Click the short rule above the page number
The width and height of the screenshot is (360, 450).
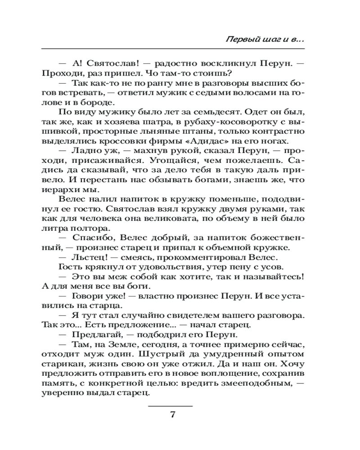pos(171,406)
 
